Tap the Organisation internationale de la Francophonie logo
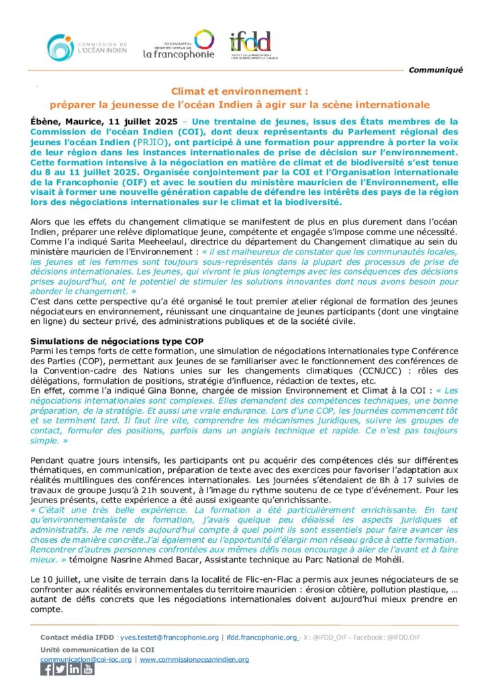179,44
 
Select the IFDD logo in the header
250,44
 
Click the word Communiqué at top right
436,70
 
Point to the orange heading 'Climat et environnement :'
239,91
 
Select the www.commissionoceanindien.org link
194,659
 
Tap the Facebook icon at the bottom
47,669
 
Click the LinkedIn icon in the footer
74,669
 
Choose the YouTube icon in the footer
88,669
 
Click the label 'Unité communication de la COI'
96,649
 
